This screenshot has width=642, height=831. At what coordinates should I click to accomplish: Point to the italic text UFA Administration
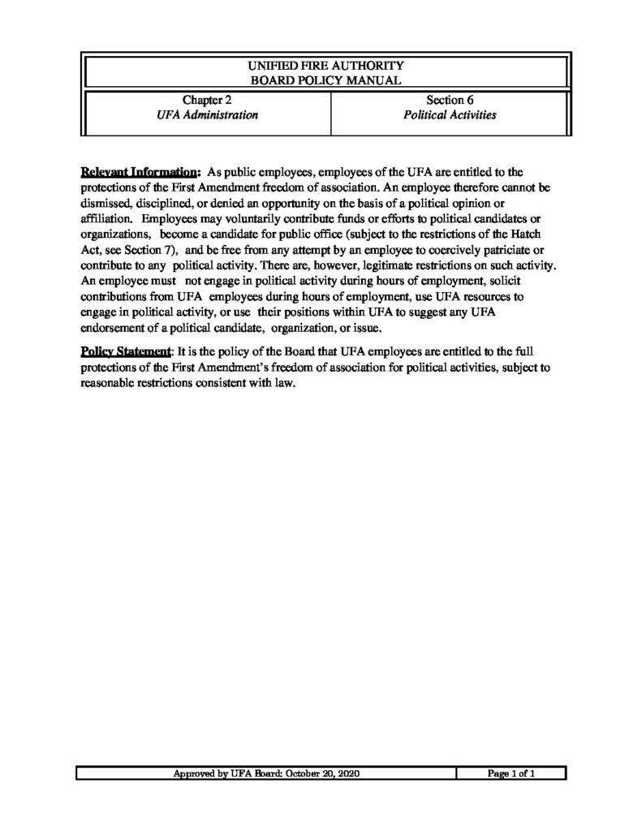207,115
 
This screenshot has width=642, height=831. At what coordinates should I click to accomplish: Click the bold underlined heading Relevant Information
140,172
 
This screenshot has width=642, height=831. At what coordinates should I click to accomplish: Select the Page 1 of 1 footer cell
511,774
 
